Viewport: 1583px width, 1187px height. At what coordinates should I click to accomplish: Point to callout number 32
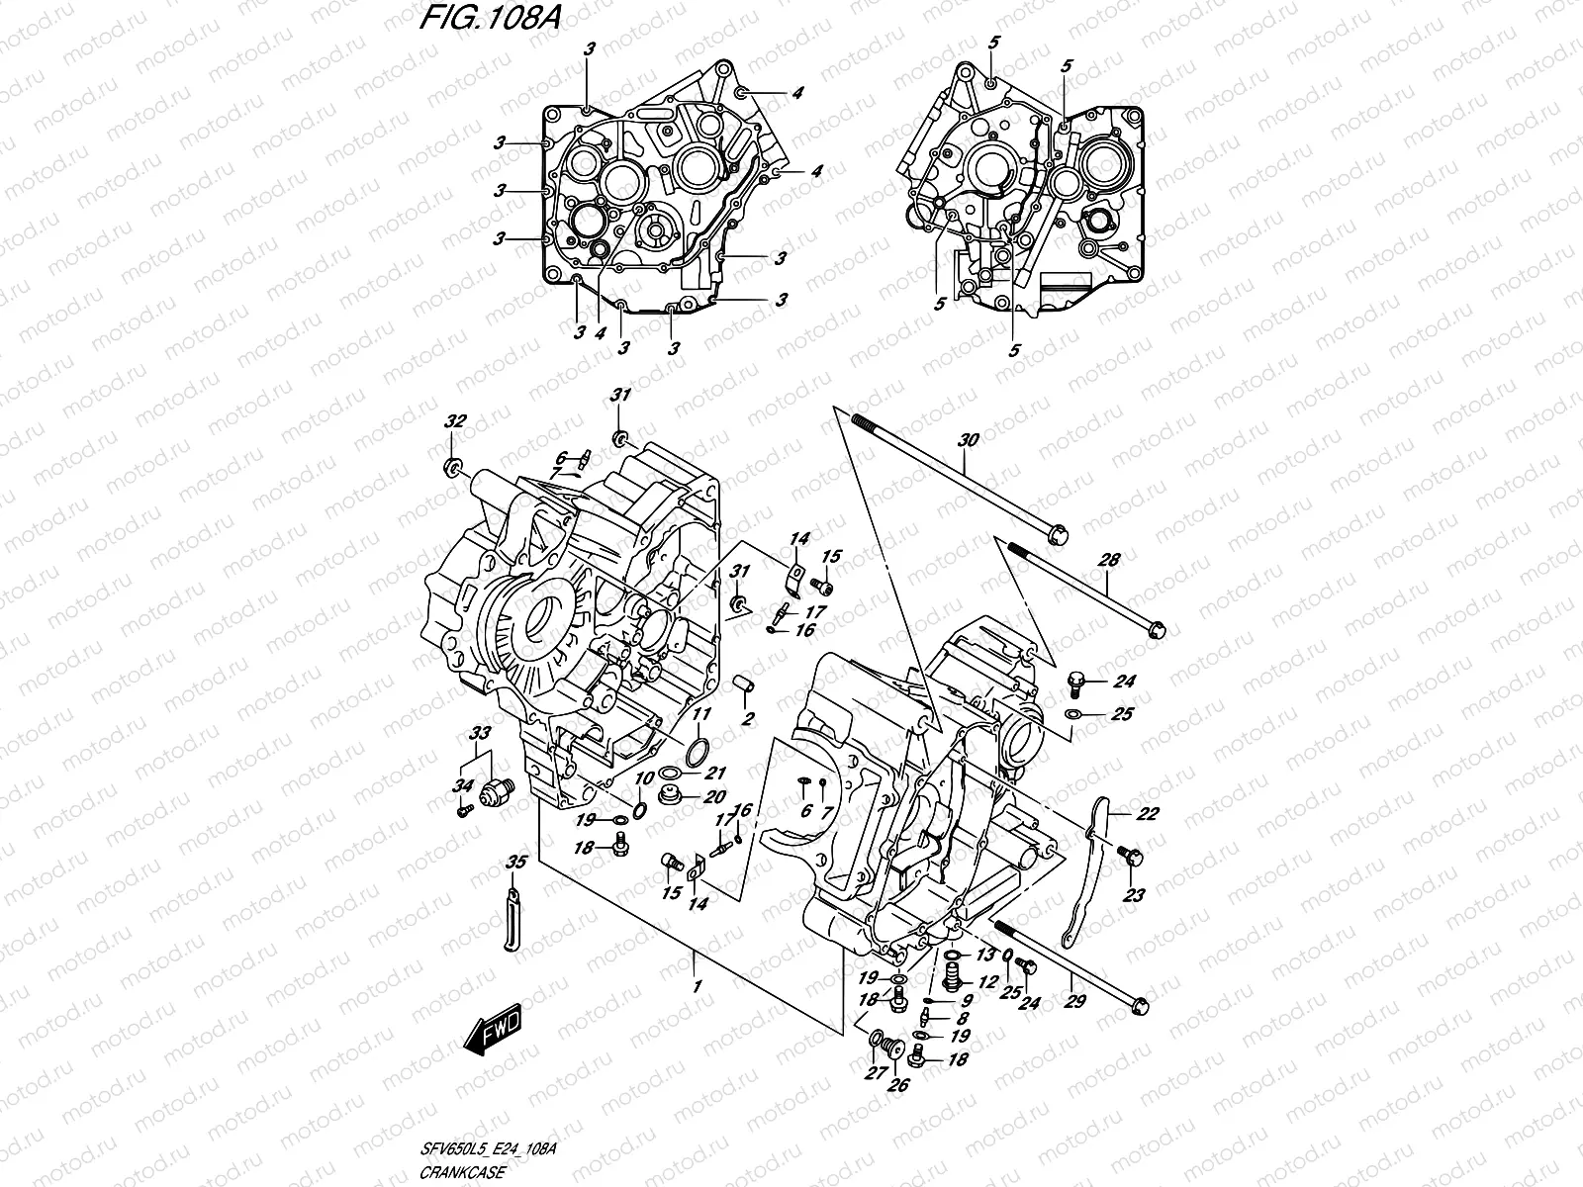pyautogui.click(x=454, y=422)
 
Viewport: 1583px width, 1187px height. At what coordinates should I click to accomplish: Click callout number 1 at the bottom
pyautogui.click(x=698, y=987)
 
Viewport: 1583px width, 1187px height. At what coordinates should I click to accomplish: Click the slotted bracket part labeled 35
pyautogui.click(x=512, y=920)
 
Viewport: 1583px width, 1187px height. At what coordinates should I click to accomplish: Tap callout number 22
pyautogui.click(x=1119, y=814)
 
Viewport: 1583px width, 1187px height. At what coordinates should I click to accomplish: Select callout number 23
pyautogui.click(x=1134, y=896)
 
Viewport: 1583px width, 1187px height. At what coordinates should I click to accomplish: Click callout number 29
pyautogui.click(x=1074, y=1001)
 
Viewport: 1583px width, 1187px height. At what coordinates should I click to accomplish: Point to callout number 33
pyautogui.click(x=480, y=734)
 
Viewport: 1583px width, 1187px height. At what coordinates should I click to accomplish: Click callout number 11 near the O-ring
pyautogui.click(x=701, y=713)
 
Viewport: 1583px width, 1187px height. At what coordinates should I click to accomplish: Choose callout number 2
pyautogui.click(x=749, y=718)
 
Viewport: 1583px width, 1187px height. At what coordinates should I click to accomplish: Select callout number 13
pyautogui.click(x=985, y=955)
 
